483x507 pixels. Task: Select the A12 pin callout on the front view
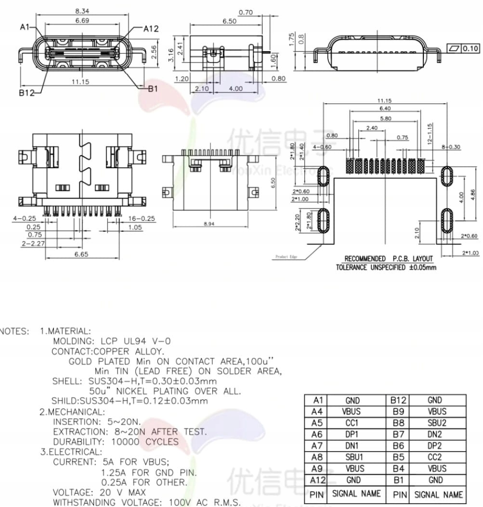coord(151,29)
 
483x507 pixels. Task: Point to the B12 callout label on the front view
coord(27,93)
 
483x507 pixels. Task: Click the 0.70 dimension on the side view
coord(245,13)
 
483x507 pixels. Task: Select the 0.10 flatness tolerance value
coord(470,48)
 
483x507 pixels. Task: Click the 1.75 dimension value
coord(291,40)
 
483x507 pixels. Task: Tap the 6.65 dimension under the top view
coord(81,254)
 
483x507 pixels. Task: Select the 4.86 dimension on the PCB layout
coord(472,195)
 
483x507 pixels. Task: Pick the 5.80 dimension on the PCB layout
coord(385,118)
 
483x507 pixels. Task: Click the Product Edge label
coord(286,257)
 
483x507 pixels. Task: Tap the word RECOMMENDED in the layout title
coord(365,259)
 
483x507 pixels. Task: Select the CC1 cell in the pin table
coord(352,423)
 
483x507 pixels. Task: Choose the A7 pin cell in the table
coord(316,445)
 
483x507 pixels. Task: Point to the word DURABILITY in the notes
coord(77,442)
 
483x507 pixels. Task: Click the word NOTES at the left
coord(14,332)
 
